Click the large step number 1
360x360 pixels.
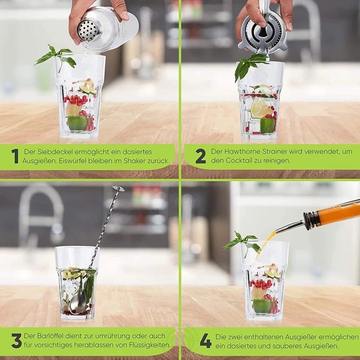click(x=15, y=156)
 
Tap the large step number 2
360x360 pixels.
click(x=201, y=156)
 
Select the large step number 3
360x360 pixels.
click(x=16, y=341)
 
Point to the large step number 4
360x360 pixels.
click(x=206, y=341)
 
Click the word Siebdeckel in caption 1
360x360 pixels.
click(x=55, y=152)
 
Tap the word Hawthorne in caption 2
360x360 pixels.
click(x=242, y=152)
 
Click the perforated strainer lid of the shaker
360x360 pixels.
click(x=88, y=30)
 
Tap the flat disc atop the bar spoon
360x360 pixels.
click(x=118, y=188)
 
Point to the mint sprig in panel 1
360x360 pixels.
click(x=55, y=58)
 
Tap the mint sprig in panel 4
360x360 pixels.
click(x=242, y=243)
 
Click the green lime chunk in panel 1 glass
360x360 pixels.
click(x=77, y=123)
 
